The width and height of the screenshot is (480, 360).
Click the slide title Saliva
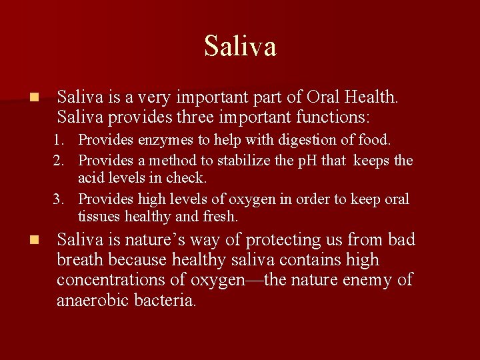tap(240, 46)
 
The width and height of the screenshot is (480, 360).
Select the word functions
tap(326, 117)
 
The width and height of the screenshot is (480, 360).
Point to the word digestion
tap(317, 141)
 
